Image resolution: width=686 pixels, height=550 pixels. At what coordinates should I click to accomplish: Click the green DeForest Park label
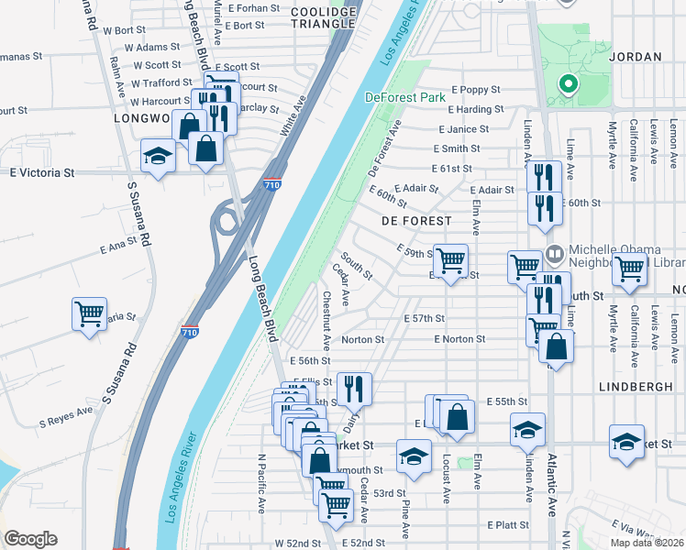[404, 97]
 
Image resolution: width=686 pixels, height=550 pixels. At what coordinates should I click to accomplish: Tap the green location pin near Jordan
[568, 85]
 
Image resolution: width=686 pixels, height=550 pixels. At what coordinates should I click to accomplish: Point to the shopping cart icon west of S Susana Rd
[89, 314]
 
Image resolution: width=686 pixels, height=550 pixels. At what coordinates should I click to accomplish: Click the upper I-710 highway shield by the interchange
[271, 184]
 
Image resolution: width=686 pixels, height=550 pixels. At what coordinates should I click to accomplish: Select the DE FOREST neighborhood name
[416, 221]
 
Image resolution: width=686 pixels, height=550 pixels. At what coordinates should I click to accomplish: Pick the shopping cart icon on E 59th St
[450, 261]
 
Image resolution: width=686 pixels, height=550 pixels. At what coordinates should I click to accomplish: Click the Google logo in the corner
[30, 539]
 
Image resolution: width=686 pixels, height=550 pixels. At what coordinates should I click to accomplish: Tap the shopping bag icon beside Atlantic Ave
[556, 346]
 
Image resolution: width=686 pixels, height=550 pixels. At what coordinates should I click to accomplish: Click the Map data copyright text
[647, 543]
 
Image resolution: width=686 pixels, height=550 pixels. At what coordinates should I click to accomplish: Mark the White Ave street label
[292, 121]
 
